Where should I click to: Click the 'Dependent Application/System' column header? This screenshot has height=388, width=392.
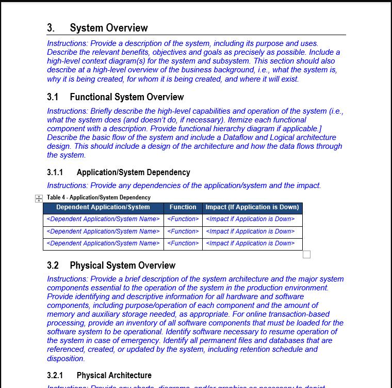(x=103, y=207)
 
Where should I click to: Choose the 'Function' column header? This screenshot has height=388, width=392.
(x=183, y=207)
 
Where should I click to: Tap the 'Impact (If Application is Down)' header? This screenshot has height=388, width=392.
(x=252, y=207)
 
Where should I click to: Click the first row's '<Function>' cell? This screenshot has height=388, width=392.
(x=183, y=219)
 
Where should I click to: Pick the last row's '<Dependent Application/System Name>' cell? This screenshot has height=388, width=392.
(x=103, y=243)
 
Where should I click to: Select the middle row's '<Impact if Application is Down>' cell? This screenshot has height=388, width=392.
(x=250, y=231)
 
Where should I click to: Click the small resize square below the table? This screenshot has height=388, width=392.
(x=306, y=254)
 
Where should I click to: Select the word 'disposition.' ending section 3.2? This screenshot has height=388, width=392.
(x=66, y=358)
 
